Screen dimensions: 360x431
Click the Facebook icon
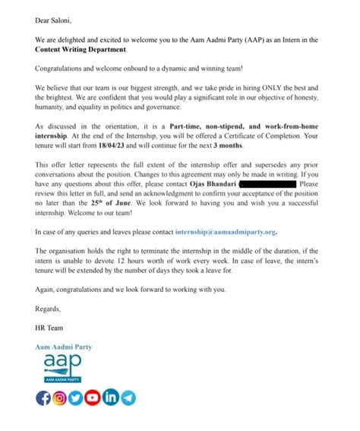43,398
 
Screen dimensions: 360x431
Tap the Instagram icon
59,398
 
